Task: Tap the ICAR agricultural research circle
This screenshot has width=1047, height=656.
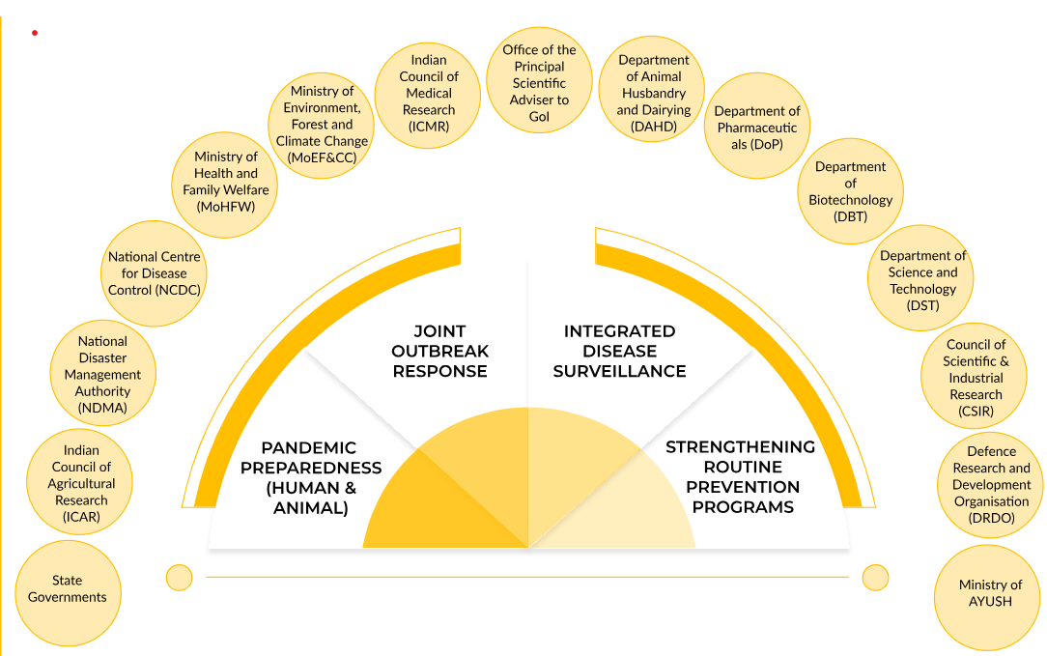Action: point(82,483)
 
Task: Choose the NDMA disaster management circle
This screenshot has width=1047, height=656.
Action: point(103,375)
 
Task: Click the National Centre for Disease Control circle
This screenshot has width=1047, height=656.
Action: point(155,273)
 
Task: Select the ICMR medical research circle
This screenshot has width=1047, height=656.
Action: point(429,94)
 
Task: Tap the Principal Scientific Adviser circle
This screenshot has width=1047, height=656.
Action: point(539,83)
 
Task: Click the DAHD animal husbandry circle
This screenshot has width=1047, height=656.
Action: point(654,94)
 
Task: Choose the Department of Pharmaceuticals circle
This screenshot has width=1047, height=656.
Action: point(757,126)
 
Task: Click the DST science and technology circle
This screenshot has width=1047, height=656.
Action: point(922,281)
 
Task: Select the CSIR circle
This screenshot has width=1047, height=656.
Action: point(976,378)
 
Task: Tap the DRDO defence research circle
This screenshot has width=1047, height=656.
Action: point(992,485)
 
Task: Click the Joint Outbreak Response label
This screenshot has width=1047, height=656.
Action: point(439,351)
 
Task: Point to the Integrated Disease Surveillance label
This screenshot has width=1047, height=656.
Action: point(619,351)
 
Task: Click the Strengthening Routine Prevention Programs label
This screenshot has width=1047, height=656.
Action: point(741,477)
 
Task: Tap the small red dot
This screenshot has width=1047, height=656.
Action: point(35,33)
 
